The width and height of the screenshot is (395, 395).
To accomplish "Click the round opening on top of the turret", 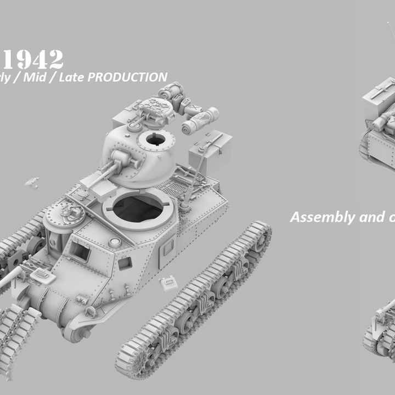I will click(x=155, y=139).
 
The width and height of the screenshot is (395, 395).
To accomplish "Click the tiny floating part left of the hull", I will click(x=32, y=180).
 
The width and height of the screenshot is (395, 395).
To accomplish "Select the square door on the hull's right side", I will click(x=167, y=253).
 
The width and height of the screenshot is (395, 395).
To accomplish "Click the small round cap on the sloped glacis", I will click(x=115, y=242).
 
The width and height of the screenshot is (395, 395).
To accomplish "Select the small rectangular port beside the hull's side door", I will click(x=125, y=263).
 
